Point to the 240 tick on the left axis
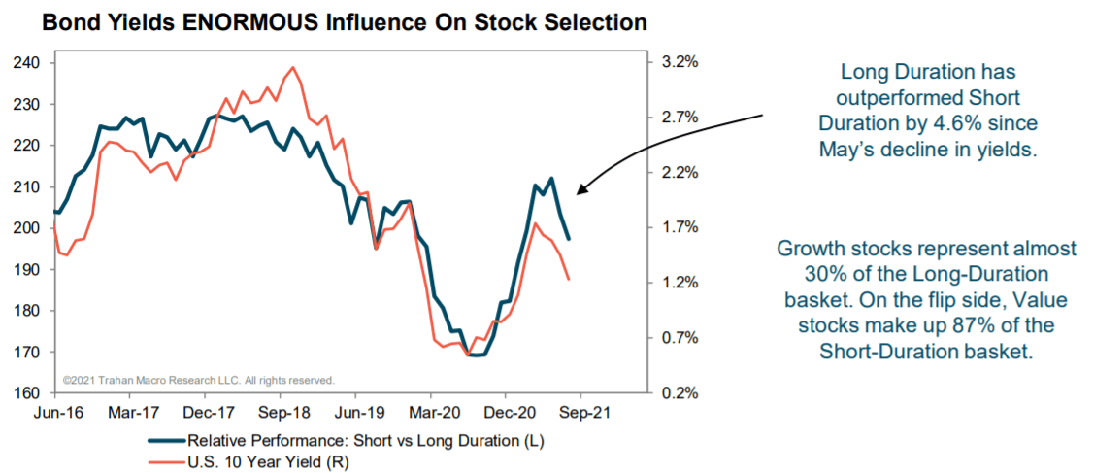28,63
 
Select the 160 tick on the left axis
28,394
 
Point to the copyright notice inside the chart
199,380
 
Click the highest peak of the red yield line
292,67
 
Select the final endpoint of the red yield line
568,279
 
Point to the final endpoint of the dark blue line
568,239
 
